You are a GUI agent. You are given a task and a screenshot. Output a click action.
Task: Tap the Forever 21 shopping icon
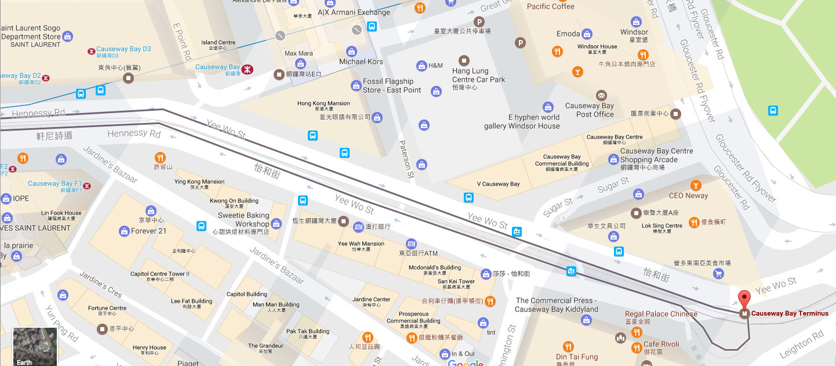pos(123,231)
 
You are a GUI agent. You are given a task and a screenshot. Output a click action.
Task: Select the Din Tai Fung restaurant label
pos(576,357)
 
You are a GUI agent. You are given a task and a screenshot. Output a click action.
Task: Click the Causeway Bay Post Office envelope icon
pos(601,95)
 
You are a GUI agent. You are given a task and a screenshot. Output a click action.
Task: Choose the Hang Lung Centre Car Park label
pos(478,75)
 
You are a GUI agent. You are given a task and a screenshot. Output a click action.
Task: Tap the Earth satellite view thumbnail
pos(35,347)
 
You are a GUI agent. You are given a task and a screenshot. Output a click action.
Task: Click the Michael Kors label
pos(361,61)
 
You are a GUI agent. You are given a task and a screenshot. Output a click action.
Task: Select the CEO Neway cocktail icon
pos(695,185)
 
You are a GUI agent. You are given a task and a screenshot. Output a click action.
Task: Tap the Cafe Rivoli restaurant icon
pos(637,348)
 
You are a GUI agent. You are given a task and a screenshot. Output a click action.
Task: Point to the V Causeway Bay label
pos(498,184)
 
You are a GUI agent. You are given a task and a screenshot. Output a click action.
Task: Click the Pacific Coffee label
pos(550,6)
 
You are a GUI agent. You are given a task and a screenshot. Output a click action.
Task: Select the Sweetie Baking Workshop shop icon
pos(276,223)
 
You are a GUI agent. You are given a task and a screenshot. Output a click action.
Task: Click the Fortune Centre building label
pos(107,308)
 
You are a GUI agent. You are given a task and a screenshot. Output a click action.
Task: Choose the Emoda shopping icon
pos(587,34)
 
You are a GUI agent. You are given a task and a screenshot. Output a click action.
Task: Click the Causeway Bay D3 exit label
pos(123,49)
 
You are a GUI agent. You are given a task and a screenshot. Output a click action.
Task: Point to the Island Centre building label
pos(218,42)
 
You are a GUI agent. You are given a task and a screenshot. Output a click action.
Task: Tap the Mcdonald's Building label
pos(434,267)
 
